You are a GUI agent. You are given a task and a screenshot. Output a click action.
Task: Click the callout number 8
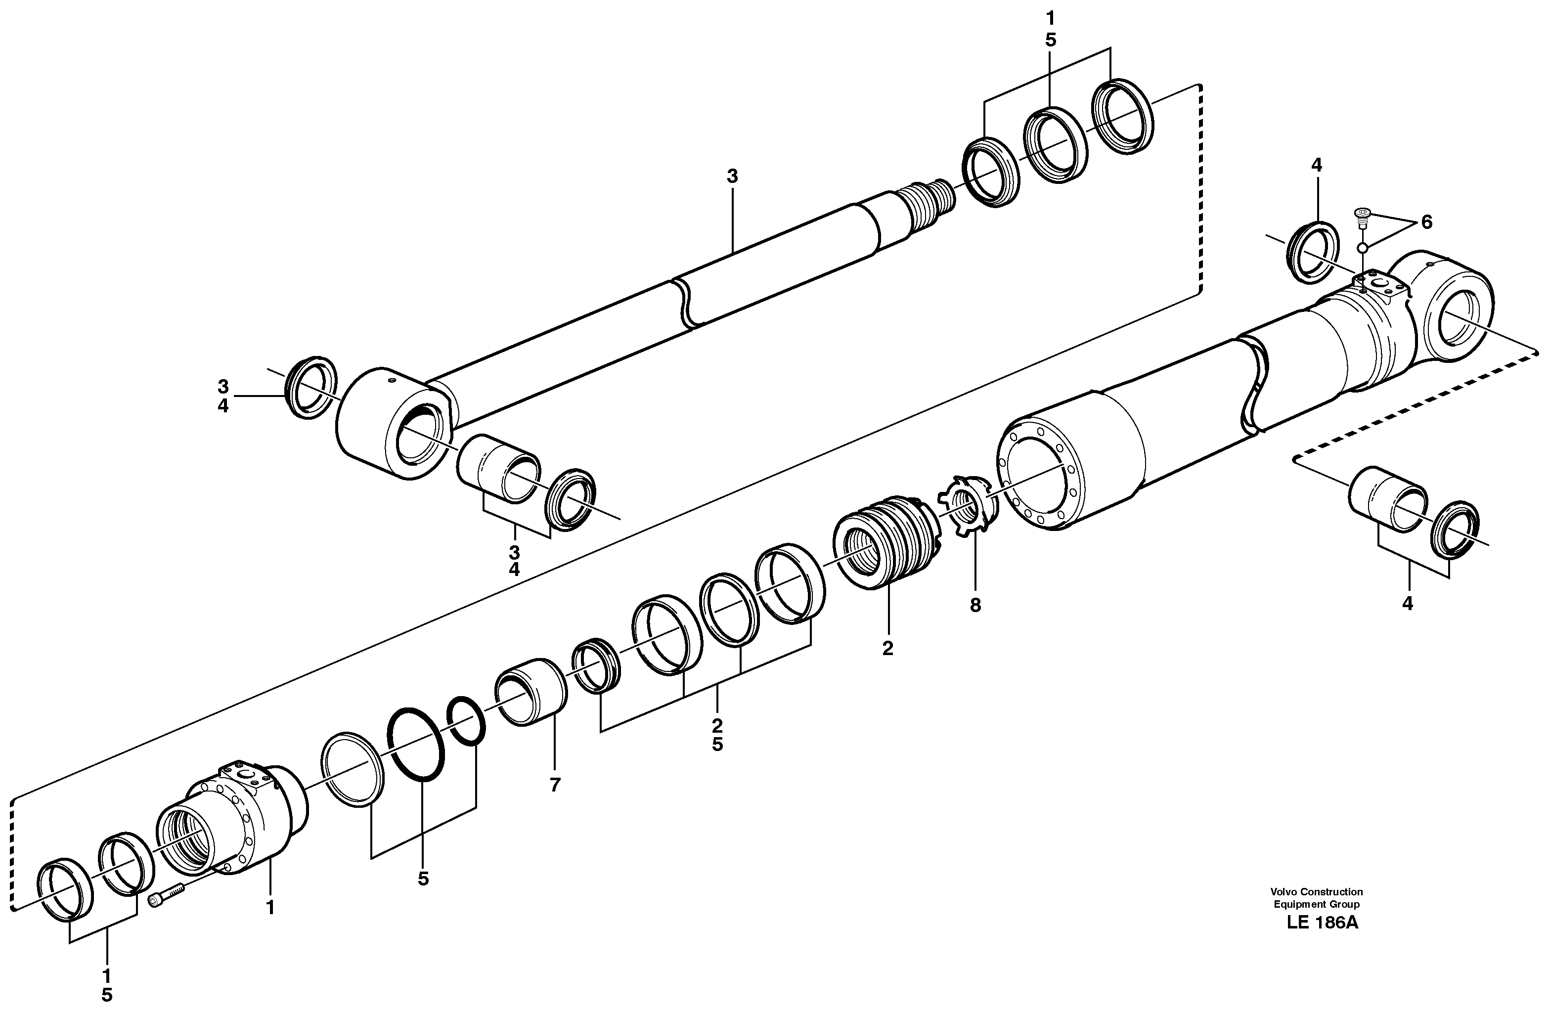click(x=975, y=605)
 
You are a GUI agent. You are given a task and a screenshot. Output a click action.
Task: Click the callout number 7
click(x=555, y=786)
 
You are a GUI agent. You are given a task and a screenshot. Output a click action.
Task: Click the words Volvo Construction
click(x=1317, y=892)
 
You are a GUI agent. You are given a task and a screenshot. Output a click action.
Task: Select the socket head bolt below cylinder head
click(x=167, y=895)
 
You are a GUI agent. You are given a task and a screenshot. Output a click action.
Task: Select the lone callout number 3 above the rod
click(x=732, y=176)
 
